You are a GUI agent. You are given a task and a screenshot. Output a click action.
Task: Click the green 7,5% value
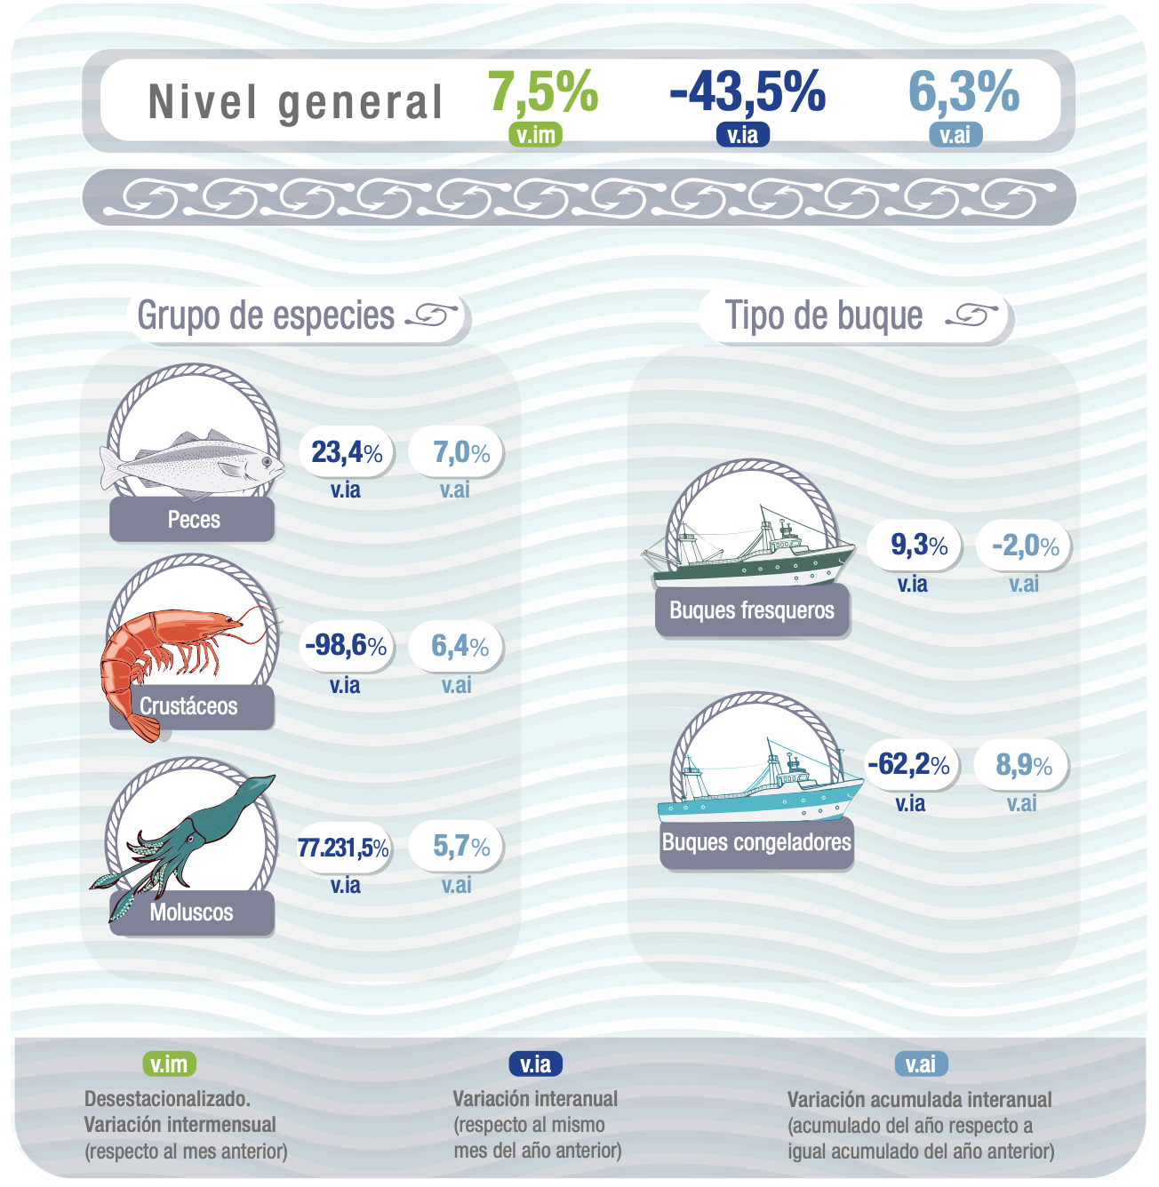[543, 92]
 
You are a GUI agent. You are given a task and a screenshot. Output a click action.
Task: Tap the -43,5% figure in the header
[747, 92]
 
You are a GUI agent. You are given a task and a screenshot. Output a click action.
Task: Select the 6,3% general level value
[963, 92]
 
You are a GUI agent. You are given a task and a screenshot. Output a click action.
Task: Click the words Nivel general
[295, 102]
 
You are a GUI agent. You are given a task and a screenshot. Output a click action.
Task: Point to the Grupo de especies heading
[266, 315]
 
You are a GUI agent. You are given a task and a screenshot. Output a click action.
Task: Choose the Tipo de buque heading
[824, 315]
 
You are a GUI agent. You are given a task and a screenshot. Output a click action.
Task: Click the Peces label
[193, 520]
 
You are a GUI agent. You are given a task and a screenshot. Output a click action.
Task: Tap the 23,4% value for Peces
[347, 452]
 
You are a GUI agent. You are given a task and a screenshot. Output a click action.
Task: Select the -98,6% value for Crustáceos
[346, 646]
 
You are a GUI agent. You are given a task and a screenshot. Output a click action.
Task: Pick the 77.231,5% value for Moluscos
[343, 848]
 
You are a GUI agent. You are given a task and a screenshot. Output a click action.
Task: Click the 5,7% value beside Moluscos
[461, 847]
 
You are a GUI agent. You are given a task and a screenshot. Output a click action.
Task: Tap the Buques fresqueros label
[752, 610]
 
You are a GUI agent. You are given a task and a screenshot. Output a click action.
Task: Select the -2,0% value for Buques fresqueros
[1025, 546]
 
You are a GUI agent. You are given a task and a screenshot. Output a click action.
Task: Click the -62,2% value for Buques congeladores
[908, 764]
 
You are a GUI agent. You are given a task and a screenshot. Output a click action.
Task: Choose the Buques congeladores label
[756, 842]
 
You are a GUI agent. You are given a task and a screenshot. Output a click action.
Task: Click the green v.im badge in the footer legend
[169, 1064]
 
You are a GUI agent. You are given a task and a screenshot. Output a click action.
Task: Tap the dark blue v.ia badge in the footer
[535, 1064]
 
